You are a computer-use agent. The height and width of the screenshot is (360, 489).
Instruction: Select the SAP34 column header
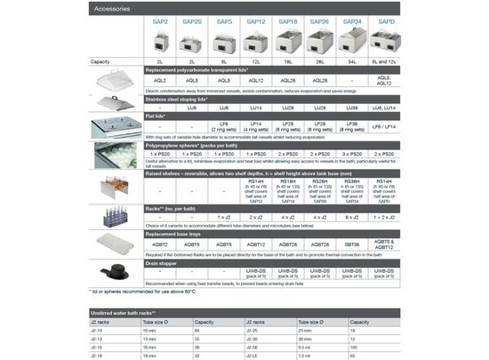(352, 20)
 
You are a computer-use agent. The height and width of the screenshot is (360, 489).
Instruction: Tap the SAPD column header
(384, 20)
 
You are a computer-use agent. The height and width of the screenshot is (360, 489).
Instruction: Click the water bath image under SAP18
(288, 41)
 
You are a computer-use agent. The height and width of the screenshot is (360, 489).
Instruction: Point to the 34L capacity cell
(352, 60)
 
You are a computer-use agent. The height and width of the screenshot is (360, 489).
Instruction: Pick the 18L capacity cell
(288, 60)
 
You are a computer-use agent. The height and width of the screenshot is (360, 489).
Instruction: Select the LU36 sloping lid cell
(352, 107)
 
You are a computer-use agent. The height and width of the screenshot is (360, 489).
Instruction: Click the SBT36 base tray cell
(352, 244)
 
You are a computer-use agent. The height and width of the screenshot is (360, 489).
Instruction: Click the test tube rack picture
(116, 217)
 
